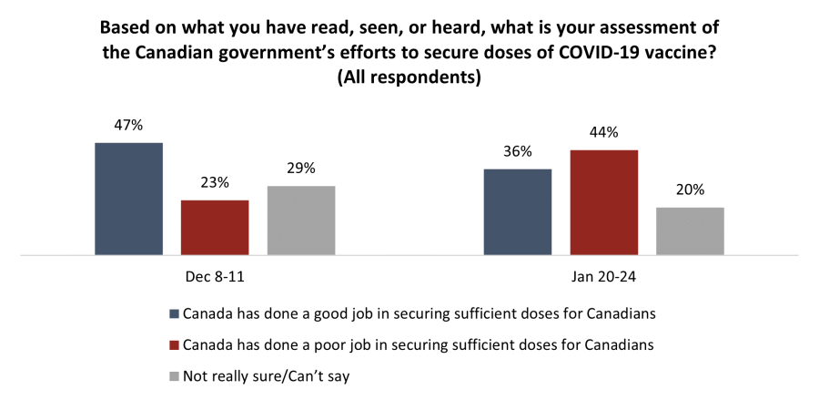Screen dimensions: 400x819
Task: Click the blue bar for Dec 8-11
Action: (x=128, y=199)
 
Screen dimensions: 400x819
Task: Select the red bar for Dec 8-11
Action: (x=215, y=227)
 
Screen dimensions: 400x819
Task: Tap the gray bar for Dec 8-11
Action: (x=301, y=221)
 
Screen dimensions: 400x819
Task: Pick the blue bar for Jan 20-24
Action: (x=518, y=211)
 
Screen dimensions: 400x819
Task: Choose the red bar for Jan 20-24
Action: (x=603, y=202)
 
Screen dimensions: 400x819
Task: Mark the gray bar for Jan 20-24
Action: (x=690, y=231)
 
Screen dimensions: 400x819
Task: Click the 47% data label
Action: (x=128, y=126)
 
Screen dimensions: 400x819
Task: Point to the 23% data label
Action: (x=215, y=183)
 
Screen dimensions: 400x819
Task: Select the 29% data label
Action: (x=301, y=169)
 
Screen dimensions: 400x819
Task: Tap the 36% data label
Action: (x=518, y=152)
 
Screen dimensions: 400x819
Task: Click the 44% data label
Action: (x=603, y=133)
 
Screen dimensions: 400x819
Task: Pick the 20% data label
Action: (x=690, y=190)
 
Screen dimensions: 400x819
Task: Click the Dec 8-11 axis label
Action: (x=215, y=274)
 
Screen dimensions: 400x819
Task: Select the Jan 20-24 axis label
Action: (x=603, y=274)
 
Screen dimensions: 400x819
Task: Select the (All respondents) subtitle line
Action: (x=409, y=77)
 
